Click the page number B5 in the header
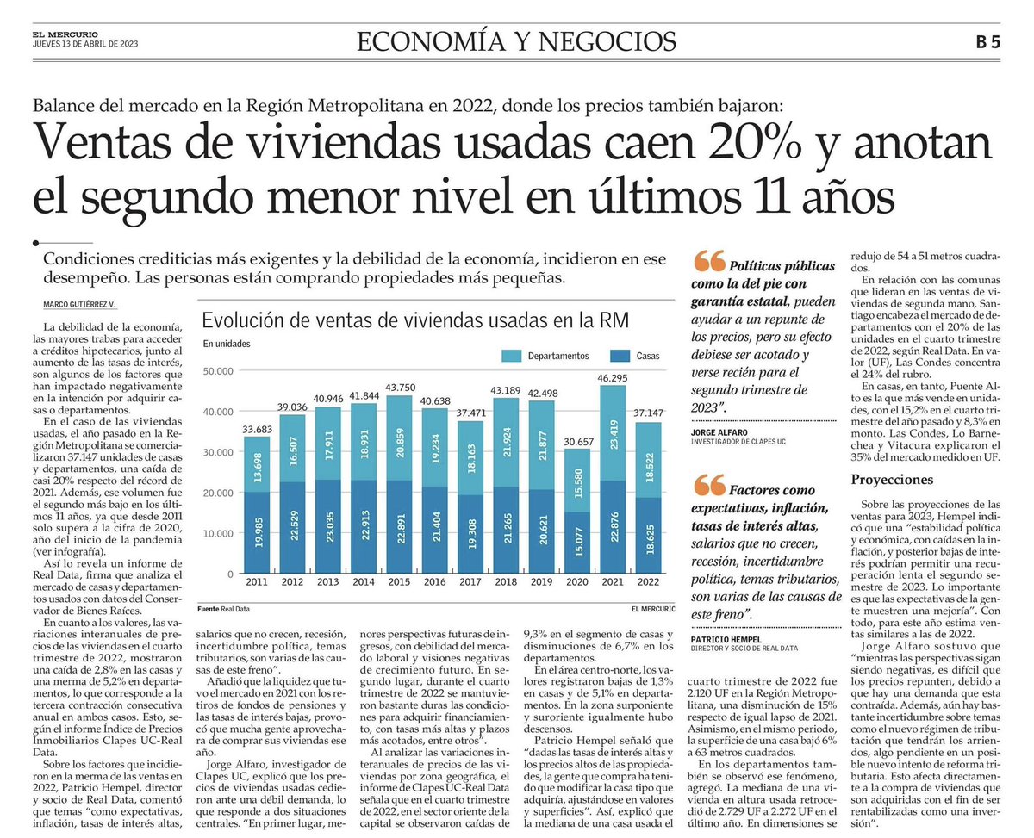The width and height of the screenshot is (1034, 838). click(x=987, y=40)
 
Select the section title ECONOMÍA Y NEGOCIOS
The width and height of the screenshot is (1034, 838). click(x=516, y=40)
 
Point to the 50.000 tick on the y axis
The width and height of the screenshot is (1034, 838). click(x=219, y=371)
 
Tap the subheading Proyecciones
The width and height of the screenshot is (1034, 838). click(x=893, y=478)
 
